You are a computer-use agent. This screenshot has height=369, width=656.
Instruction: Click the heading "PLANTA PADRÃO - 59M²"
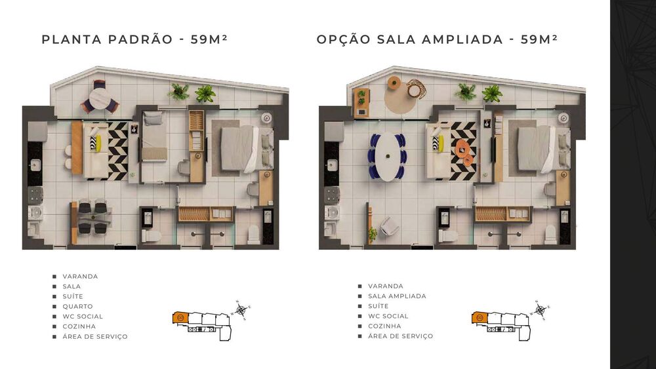134,39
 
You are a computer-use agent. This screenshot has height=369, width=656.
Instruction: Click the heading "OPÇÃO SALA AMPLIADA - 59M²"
437,39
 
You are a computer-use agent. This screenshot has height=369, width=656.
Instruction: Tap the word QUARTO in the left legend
78,306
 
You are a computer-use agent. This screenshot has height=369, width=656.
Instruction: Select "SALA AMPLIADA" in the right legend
397,296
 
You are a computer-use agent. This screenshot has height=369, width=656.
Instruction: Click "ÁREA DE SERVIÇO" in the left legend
95,336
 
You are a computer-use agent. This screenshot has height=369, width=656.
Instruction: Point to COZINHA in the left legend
79,326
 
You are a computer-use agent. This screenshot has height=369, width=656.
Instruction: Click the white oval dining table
388,156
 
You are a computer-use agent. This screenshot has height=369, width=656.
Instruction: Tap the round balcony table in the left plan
100,99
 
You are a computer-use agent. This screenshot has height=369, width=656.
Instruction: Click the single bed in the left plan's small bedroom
154,136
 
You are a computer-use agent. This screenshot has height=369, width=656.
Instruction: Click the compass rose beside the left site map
241,310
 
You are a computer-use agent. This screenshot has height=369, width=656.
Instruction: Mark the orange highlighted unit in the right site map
480,318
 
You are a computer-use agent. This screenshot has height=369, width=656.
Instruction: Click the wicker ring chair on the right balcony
416,88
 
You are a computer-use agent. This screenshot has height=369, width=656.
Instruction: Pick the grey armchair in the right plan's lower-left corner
389,227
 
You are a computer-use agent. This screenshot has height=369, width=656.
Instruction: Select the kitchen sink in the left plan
35,165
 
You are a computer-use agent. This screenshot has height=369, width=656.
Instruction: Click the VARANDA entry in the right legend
386,286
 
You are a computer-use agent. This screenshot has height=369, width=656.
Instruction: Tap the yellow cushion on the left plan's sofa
99,144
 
